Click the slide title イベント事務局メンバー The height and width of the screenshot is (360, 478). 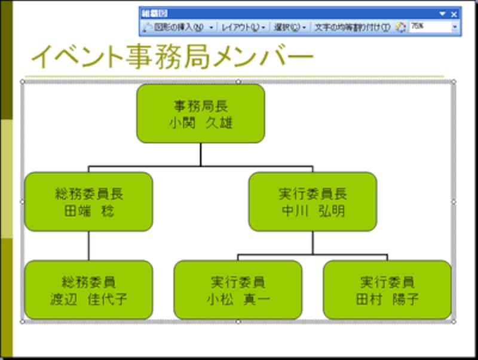[172, 57]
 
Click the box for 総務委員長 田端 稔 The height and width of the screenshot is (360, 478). [88, 202]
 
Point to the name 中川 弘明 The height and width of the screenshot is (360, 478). [312, 212]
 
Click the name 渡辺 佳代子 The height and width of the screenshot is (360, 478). [88, 300]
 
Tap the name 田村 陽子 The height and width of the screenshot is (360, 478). [387, 300]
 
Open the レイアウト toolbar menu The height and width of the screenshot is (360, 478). [242, 27]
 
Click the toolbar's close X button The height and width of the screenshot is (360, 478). [454, 14]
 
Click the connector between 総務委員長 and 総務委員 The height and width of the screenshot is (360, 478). [88, 245]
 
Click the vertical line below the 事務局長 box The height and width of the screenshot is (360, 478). [201, 154]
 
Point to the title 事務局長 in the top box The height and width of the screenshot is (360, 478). [201, 106]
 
